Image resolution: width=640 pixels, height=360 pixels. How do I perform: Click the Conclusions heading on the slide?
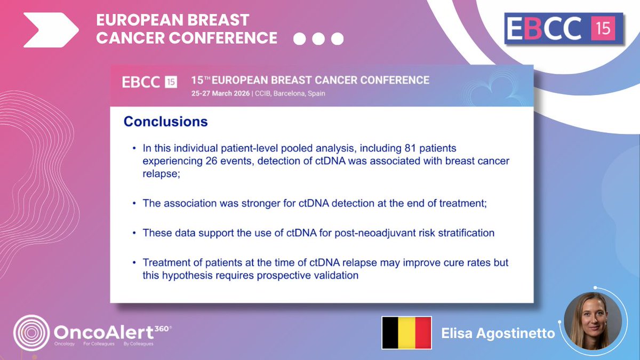point(165,122)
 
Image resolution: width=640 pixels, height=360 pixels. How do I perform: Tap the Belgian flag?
point(406,332)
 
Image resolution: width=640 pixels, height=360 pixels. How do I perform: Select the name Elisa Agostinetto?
point(498,333)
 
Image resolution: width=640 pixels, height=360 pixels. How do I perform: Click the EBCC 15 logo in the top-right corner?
point(564,29)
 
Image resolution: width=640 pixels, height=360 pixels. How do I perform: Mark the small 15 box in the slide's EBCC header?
point(171,82)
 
